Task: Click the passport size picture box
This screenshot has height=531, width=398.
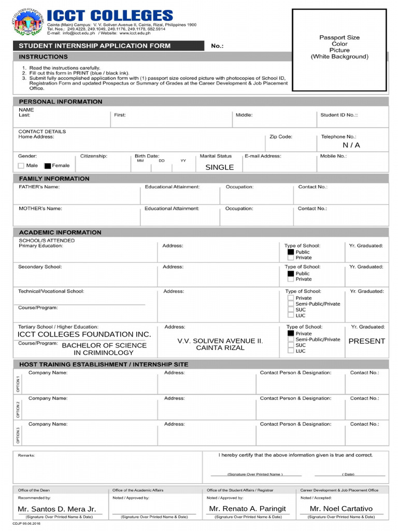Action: click(339, 50)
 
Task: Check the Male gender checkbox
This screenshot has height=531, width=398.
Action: click(21, 166)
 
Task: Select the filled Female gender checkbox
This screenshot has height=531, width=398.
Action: click(48, 166)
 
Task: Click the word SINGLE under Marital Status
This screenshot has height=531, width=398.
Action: click(219, 167)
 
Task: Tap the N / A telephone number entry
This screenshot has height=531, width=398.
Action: click(351, 145)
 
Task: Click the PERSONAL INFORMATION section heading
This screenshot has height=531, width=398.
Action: click(61, 102)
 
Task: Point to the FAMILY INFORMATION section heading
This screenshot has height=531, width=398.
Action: click(54, 179)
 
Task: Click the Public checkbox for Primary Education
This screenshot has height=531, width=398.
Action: click(291, 252)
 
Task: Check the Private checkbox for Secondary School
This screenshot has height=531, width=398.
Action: click(291, 280)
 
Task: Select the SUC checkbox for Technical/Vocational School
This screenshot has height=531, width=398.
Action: click(291, 310)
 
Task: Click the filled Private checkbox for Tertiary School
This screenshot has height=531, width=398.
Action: click(291, 333)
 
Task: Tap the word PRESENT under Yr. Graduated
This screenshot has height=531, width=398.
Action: click(366, 341)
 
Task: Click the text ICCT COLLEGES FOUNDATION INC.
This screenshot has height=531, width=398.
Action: click(84, 334)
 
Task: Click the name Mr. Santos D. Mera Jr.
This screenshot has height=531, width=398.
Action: click(57, 509)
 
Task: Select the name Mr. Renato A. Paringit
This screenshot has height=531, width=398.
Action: click(247, 509)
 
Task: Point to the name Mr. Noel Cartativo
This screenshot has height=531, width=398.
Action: click(341, 509)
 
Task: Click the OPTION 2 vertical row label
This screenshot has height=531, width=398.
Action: click(18, 409)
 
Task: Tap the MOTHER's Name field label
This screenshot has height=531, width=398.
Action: click(40, 208)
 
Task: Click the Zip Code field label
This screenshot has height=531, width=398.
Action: click(281, 137)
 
